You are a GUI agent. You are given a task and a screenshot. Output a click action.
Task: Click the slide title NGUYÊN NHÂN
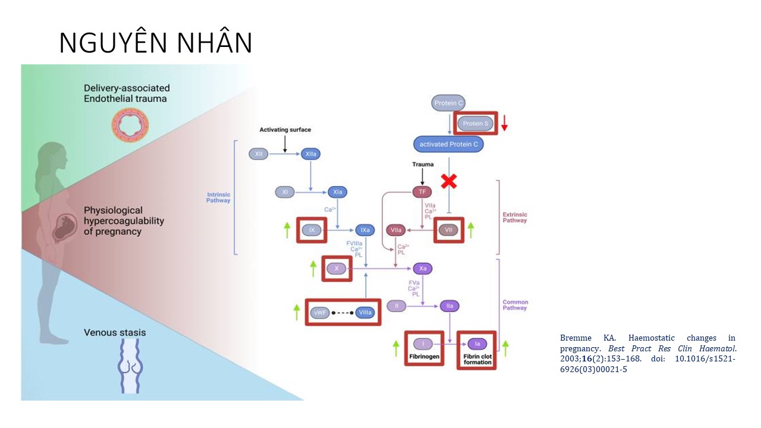point(156,43)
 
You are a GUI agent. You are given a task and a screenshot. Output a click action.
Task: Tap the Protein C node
point(448,103)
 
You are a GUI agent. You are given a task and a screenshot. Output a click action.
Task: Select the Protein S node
point(476,124)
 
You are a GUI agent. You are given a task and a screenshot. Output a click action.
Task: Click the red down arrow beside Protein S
point(504,122)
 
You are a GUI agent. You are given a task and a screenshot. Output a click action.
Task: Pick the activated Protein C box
point(448,144)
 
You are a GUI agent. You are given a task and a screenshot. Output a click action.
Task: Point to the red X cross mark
point(449,181)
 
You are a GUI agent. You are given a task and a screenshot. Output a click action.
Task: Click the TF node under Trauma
point(422,192)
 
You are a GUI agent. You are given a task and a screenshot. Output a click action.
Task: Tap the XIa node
point(337,192)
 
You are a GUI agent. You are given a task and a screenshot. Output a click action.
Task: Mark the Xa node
point(423,269)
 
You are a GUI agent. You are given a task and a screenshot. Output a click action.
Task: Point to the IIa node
point(449,306)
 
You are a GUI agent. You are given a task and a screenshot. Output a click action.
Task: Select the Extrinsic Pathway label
point(514,217)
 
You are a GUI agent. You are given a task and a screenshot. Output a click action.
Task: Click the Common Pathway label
point(515,305)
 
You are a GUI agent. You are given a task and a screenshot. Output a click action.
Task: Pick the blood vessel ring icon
point(130,125)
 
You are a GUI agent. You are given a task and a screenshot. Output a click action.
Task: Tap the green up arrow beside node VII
point(471,230)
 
